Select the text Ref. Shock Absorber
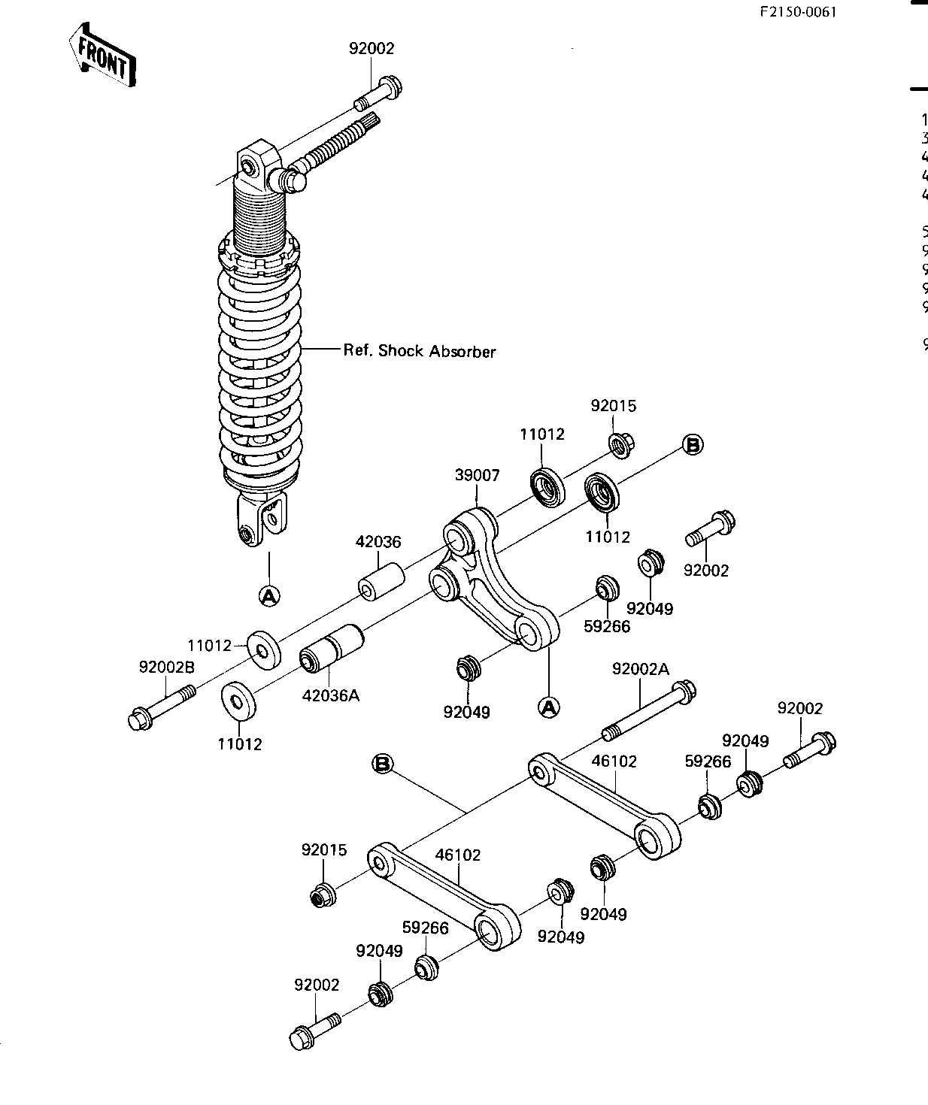419,350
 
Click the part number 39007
477,475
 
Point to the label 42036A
331,695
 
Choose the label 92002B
166,667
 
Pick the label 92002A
640,669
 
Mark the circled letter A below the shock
268,596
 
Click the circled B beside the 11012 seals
693,445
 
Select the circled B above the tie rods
383,764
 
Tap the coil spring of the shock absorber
259,376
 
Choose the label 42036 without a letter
378,542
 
